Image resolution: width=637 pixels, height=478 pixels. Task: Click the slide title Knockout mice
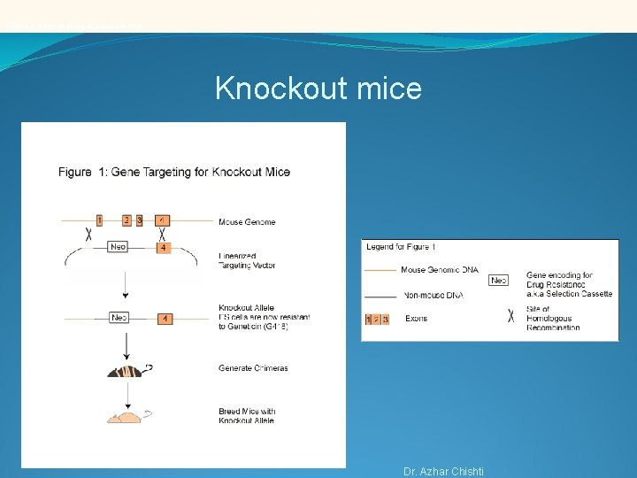pos(318,89)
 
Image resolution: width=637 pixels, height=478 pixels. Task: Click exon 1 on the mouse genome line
pos(99,220)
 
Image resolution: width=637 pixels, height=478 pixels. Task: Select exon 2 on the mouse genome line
pos(127,220)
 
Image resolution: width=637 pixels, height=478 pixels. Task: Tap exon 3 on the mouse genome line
pos(139,220)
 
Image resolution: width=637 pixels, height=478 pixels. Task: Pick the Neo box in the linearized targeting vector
pos(119,247)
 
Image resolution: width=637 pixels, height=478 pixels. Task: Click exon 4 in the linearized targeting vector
pos(163,248)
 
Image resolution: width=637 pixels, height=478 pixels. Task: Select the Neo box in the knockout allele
pos(119,317)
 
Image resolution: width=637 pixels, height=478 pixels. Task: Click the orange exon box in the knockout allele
pos(165,318)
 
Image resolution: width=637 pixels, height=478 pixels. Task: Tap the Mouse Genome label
pos(247,222)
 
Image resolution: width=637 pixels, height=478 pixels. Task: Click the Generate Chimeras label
pos(253,368)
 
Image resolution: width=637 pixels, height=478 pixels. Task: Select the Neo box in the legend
pos(499,281)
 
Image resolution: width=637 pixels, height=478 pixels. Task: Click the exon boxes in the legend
pos(377,319)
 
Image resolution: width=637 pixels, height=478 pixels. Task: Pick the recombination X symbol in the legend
pos(510,313)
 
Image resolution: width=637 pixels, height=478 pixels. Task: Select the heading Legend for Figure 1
pos(401,247)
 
